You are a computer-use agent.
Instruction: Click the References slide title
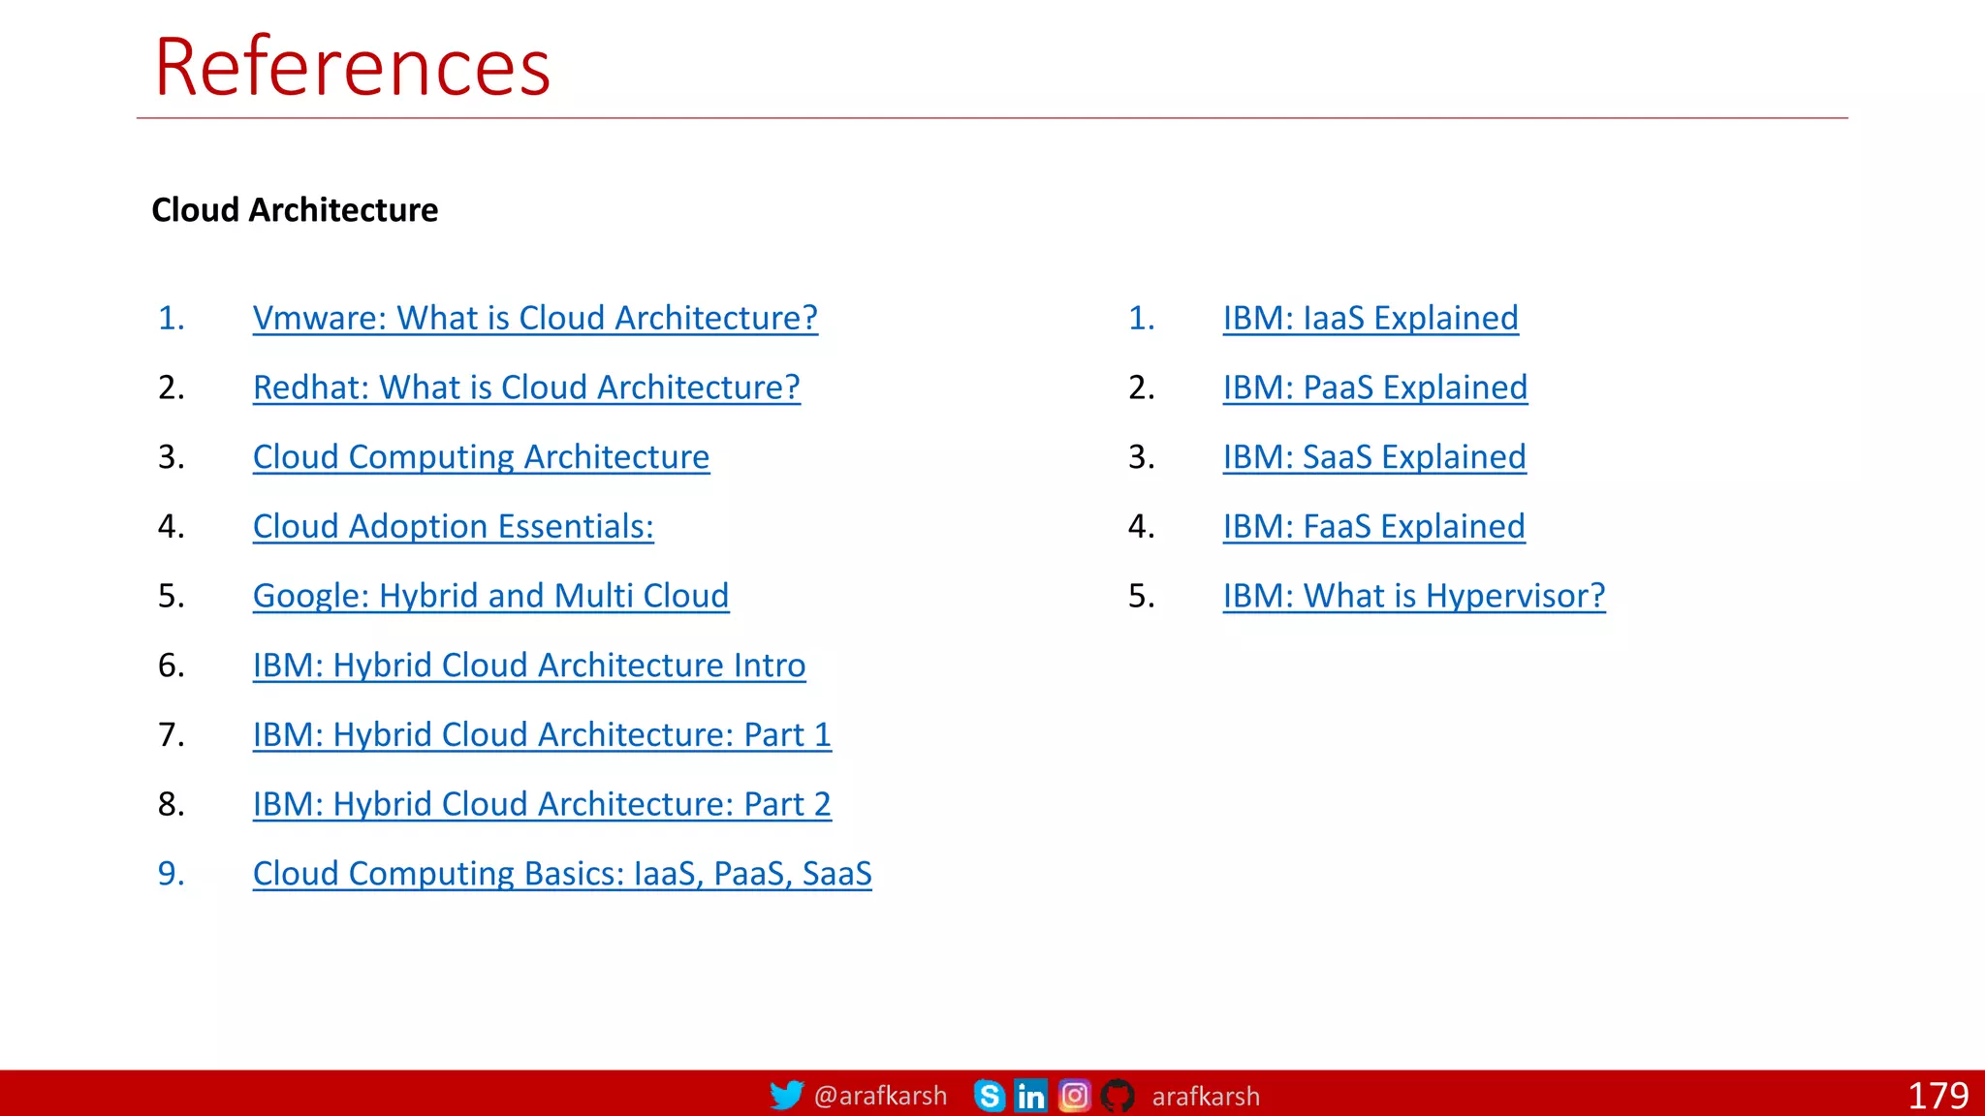click(352, 67)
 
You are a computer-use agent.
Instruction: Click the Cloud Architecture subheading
click(295, 210)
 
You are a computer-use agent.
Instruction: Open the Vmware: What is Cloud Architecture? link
click(535, 318)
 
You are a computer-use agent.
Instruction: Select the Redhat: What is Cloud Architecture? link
click(526, 387)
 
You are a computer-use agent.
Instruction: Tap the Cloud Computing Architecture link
click(481, 457)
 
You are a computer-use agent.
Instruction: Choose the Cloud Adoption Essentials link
click(453, 527)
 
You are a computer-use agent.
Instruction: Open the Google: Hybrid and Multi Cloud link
click(490, 596)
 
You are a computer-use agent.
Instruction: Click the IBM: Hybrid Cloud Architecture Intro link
click(529, 666)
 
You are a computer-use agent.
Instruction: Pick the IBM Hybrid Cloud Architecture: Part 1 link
click(542, 735)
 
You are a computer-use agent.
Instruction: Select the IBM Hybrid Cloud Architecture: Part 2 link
click(542, 804)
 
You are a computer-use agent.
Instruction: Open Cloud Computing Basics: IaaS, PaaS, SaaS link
click(562, 874)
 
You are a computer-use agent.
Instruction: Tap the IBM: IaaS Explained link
click(1371, 318)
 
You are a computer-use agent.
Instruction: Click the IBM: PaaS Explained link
click(1374, 387)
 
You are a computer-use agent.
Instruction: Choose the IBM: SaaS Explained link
click(1374, 457)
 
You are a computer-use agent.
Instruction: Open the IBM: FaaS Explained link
click(1373, 527)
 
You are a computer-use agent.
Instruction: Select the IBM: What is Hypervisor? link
click(1414, 596)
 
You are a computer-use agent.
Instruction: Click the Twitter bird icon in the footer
click(786, 1095)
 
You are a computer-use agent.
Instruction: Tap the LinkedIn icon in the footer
click(1030, 1096)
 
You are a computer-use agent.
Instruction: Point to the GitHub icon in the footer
click(1118, 1096)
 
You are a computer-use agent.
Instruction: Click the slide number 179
click(1938, 1096)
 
